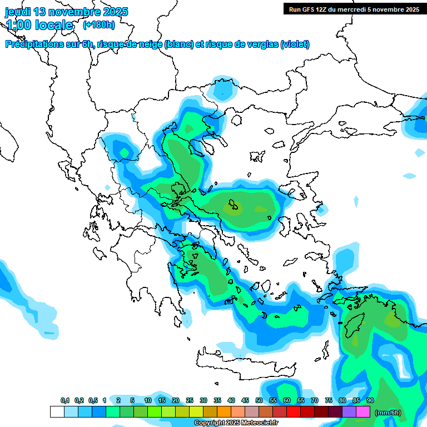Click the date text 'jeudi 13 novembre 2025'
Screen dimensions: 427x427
coord(66,12)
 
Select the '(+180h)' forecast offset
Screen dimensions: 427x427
coord(99,25)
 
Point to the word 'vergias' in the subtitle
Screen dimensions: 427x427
coord(260,44)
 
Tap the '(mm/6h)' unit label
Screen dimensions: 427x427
coord(388,413)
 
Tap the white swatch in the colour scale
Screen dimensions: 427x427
coord(57,412)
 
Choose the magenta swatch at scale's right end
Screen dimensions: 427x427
coord(363,412)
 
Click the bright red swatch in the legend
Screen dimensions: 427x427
coord(294,412)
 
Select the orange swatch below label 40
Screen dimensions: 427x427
coord(224,412)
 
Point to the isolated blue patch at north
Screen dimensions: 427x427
coord(224,89)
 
